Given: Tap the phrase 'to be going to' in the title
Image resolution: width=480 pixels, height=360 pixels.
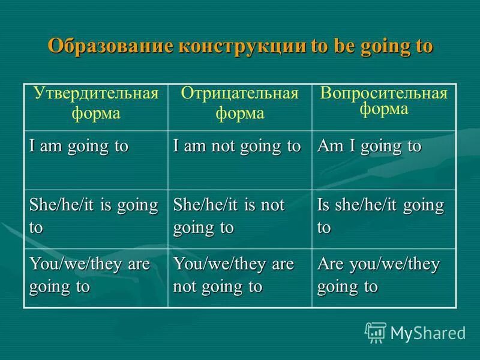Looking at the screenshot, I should coord(372,47).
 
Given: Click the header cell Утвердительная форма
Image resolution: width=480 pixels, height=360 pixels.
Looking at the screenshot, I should coord(95,103).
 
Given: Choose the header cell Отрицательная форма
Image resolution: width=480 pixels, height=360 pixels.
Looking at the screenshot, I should coord(239,103).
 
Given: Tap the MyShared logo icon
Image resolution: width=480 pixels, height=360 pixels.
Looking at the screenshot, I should coord(376,332).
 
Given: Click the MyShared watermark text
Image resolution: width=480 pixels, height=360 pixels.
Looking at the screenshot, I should coord(428,333).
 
